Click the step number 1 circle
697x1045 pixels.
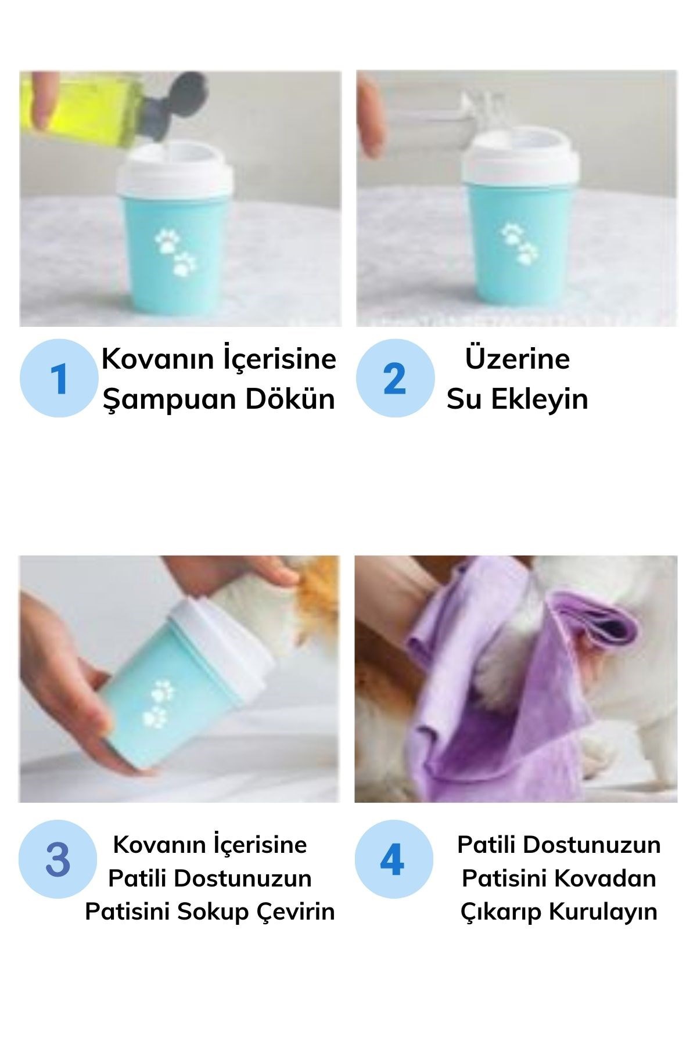[x=59, y=378]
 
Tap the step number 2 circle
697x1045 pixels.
[x=395, y=378]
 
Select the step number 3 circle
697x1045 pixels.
[x=58, y=859]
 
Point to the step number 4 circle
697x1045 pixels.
[x=394, y=859]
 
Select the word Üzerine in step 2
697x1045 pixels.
[x=518, y=358]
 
